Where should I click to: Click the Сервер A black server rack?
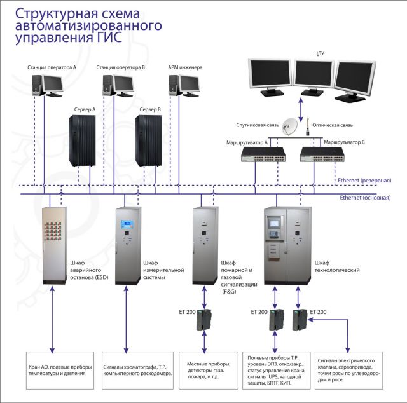85,142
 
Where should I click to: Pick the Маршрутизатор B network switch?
320,153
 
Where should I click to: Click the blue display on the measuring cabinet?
127,224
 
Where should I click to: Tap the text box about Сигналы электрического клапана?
348,371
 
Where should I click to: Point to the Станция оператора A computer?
48,83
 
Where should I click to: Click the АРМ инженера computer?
181,83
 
